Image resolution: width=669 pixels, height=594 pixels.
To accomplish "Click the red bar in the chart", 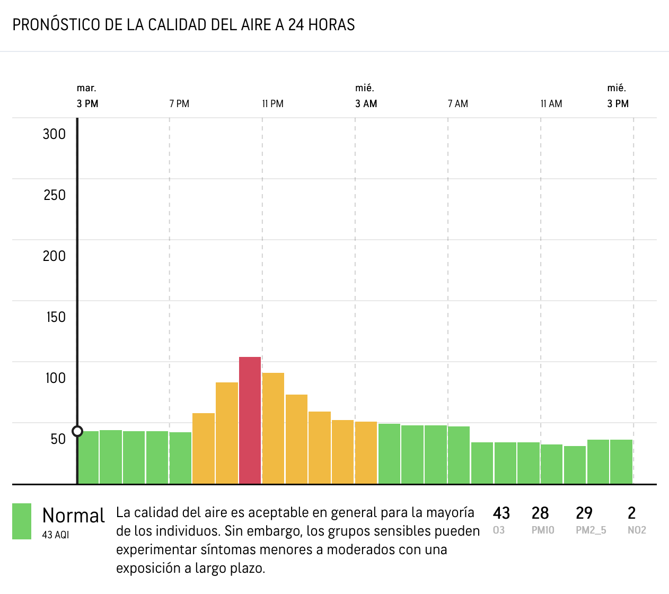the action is pos(250,420).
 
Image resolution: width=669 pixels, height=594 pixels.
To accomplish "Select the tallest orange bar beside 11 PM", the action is pos(273,428).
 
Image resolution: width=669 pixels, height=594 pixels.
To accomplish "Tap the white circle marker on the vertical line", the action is pos(77,431).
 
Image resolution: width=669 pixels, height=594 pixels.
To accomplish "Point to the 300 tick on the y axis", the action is pos(54,134).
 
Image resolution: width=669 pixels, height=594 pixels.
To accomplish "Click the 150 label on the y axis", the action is pos(56,317).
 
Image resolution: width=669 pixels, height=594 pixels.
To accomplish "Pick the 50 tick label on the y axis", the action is pos(58,439).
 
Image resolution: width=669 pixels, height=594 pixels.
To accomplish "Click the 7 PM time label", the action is pos(179,104).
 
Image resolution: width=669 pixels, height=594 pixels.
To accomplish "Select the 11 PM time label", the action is pos(273,104).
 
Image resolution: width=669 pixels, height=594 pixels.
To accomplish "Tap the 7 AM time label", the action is pos(457,104).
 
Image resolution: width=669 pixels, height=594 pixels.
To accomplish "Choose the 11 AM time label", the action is pos(551,104).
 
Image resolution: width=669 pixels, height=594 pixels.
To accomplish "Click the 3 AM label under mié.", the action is pos(366,104).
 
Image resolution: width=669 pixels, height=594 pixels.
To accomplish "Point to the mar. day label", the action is pos(86,88).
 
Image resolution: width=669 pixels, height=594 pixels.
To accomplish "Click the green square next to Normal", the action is pos(22,521).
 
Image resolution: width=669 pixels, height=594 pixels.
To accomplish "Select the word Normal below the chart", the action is pos(73,516).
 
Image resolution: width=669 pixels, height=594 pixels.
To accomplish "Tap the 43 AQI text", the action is pos(56,535).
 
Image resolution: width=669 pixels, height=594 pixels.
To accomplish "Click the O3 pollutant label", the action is pos(499,530).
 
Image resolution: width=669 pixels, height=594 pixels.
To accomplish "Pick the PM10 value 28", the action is pos(540,513).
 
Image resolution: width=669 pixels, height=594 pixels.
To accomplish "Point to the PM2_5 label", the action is pos(591,530).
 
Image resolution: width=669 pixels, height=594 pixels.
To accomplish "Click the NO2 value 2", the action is pos(631,513).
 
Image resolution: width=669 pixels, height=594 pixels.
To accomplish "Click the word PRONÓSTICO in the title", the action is pos(56,24).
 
